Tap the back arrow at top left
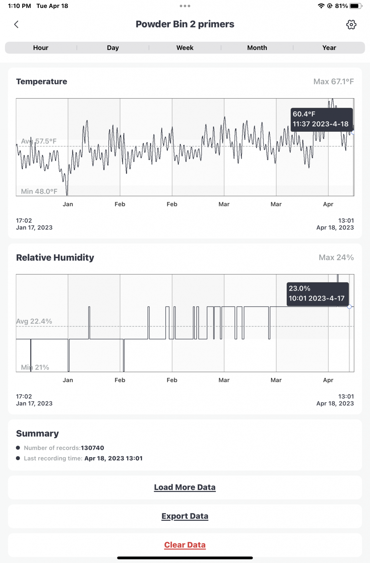click(16, 24)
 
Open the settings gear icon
click(351, 24)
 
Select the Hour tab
click(41, 48)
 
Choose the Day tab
click(113, 48)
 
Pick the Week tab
click(185, 48)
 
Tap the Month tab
click(257, 48)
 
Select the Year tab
click(329, 48)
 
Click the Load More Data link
click(185, 487)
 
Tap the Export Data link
click(185, 516)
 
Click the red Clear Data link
click(185, 545)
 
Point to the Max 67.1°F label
click(333, 82)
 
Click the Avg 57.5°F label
click(39, 141)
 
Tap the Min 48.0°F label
click(39, 191)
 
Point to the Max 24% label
click(336, 258)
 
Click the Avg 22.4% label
click(34, 321)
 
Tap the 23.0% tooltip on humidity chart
click(318, 294)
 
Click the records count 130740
click(92, 448)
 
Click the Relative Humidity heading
click(55, 258)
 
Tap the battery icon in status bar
click(356, 6)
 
